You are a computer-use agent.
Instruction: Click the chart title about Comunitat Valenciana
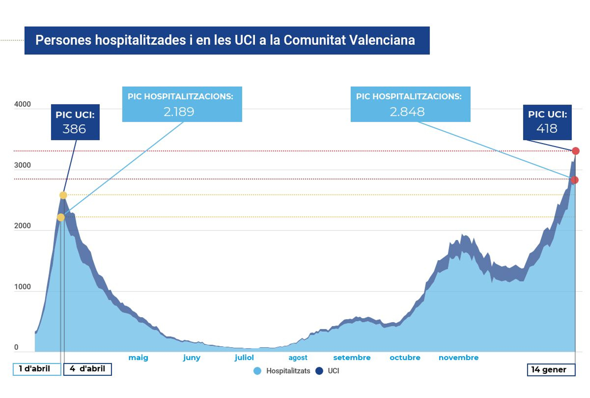tap(225, 40)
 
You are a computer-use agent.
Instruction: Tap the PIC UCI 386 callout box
tap(75, 122)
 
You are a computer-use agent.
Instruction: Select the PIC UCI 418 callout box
tap(547, 122)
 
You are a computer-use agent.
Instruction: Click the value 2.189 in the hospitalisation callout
tap(179, 112)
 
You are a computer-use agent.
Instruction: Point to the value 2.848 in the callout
tap(407, 112)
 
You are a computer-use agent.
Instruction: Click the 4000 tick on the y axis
tap(22, 104)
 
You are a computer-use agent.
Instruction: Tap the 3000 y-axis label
tap(22, 165)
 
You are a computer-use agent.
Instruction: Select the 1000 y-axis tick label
tap(22, 287)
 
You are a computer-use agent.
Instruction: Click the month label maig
tap(138, 357)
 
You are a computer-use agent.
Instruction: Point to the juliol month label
tap(244, 357)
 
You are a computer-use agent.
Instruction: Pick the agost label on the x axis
tap(298, 357)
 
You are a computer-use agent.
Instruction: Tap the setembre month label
tap(352, 357)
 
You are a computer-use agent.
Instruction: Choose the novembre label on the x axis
tap(458, 357)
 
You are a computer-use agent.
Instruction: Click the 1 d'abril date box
tap(37, 369)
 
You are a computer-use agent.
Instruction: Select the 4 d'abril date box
tap(87, 369)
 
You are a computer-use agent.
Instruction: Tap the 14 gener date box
tap(551, 370)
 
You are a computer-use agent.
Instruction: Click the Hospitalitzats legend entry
tap(288, 371)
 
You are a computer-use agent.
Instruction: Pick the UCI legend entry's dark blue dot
tap(319, 371)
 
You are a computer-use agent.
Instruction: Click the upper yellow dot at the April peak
tap(63, 195)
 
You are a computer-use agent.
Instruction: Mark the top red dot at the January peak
tap(576, 151)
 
